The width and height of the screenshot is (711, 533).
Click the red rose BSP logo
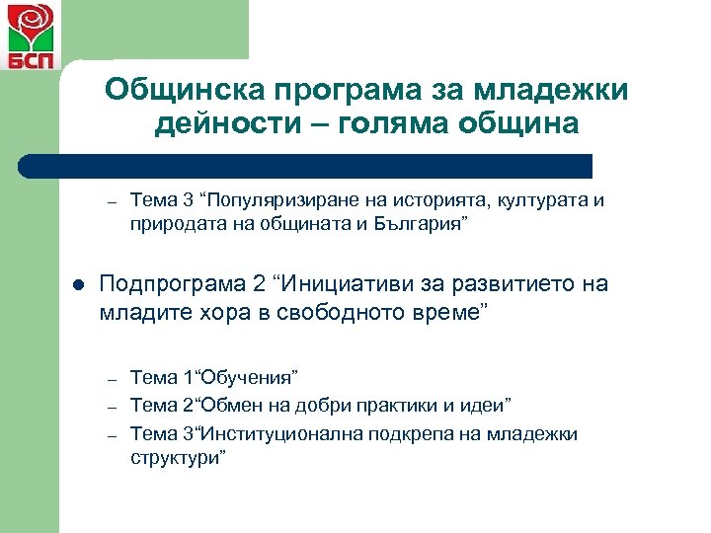click(30, 34)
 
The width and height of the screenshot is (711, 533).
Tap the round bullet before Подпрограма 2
click(77, 286)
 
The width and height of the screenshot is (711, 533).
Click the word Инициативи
click(340, 285)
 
